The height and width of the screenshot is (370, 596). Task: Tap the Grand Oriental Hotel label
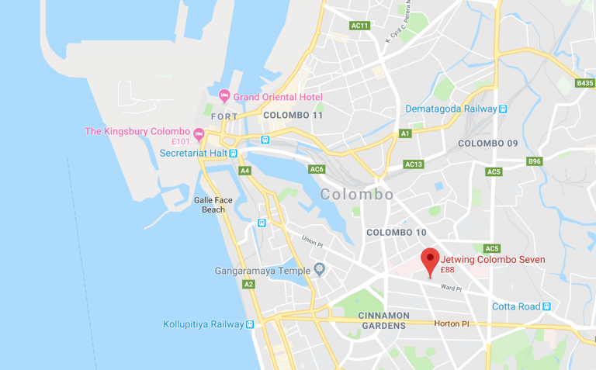pos(277,97)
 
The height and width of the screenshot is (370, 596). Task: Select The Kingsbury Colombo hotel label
pos(137,131)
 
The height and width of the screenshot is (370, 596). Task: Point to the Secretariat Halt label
pos(192,153)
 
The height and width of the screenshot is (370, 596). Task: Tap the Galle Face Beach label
pos(213,205)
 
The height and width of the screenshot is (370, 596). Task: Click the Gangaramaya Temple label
pos(262,271)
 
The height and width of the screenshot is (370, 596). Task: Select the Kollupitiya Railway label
pos(203,324)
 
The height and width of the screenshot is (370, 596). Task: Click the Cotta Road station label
pos(516,306)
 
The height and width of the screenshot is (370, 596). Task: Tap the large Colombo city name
pos(357,195)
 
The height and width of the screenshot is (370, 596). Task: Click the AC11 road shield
pos(360,26)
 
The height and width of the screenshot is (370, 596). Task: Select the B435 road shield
pos(584,83)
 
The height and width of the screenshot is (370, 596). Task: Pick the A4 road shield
pos(245,170)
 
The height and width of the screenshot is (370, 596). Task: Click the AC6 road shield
pos(317,169)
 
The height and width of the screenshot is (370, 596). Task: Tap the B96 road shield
pos(534,161)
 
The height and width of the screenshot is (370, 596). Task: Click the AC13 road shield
pos(414,164)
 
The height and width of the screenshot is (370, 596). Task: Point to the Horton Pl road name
pos(448,323)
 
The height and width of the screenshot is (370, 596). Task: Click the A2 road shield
pos(248,285)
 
